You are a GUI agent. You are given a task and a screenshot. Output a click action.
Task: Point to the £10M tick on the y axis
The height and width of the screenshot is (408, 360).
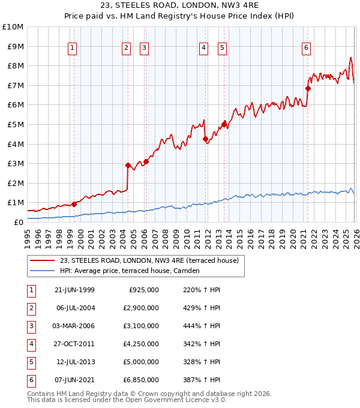[x=13, y=27]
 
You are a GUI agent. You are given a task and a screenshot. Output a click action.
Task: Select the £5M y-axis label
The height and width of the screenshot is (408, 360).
[x=15, y=125]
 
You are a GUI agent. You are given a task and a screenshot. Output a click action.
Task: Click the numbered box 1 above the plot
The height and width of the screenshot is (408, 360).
[x=73, y=48]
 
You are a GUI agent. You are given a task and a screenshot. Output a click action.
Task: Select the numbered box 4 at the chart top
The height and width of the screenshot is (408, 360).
[x=204, y=48]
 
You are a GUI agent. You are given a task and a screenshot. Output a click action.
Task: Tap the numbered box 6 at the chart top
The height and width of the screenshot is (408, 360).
[x=306, y=48]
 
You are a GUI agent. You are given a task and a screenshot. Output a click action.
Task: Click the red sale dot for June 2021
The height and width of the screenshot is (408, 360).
[x=308, y=88]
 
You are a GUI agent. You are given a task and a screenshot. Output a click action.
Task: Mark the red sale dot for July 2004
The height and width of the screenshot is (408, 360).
[x=128, y=165]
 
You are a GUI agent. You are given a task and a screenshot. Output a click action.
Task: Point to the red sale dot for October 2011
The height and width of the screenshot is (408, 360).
[x=205, y=139]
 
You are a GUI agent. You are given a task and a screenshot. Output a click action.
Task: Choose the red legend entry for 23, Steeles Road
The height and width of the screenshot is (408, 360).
[x=149, y=260]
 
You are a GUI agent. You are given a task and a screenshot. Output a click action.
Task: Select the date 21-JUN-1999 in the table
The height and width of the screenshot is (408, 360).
[x=75, y=290]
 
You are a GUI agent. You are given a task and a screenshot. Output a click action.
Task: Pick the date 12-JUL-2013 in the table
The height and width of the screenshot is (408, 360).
[x=76, y=362]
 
